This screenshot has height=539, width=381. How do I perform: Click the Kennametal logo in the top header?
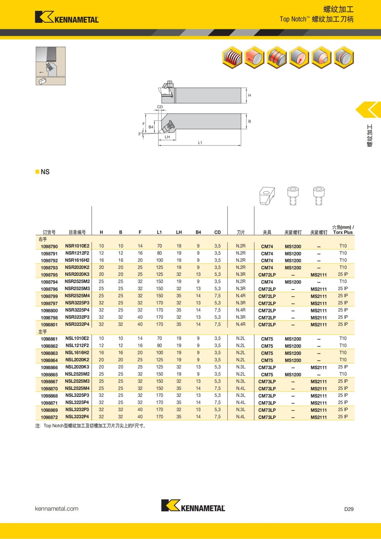67,17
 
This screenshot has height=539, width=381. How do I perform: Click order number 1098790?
49,246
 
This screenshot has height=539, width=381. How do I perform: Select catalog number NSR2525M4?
77,296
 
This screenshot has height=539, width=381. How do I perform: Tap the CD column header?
217,232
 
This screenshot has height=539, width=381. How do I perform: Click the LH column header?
179,232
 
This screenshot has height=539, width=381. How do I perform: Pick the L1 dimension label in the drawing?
200,143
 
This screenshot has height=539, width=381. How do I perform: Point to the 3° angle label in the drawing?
140,134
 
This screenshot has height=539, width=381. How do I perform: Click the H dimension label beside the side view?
250,95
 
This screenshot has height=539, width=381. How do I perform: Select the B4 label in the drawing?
151,127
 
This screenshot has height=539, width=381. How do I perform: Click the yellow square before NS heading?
37,172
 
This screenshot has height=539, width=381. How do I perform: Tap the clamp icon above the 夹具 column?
267,196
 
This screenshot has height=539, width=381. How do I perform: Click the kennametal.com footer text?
57,509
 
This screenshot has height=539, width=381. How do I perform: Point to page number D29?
349,509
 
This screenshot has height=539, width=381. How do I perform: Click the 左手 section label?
43,331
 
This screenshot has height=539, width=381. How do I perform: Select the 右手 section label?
43,239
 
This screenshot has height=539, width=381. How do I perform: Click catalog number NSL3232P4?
77,416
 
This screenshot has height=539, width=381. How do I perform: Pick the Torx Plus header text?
343,232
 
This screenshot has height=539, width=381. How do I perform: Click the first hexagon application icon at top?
232,57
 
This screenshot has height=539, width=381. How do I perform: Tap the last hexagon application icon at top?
344,57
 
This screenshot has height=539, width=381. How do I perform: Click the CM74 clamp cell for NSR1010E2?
267,246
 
